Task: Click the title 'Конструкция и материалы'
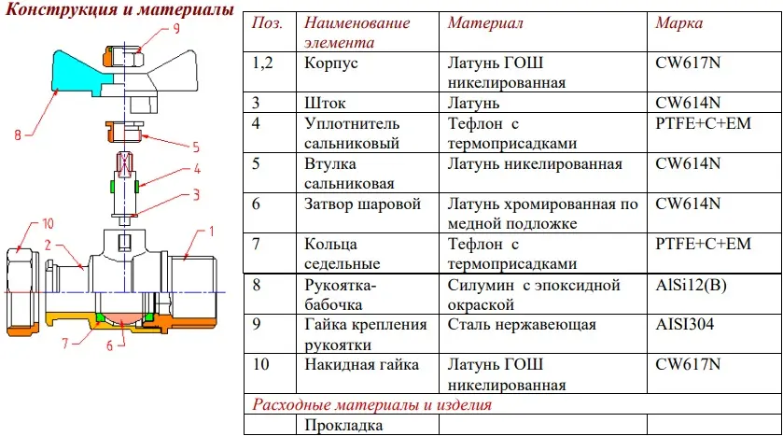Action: [119, 9]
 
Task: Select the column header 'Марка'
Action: [678, 23]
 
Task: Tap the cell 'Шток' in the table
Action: [325, 103]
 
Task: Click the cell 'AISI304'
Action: [685, 325]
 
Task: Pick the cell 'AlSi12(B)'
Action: [691, 285]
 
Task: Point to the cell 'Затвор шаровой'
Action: [362, 204]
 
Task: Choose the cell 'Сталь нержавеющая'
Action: [522, 325]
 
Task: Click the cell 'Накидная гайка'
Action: [361, 365]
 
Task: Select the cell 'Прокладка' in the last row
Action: [343, 426]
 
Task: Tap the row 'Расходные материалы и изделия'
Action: [372, 404]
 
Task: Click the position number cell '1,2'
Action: [262, 63]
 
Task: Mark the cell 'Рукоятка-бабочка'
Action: [340, 295]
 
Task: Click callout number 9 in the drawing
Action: [176, 28]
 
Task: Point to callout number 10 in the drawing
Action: [48, 223]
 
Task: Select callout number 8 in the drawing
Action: [18, 134]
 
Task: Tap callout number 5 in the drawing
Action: [196, 147]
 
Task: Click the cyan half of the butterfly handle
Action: [80, 73]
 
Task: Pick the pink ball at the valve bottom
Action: [122, 318]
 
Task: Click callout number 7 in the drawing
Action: [65, 344]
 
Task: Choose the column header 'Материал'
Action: [485, 23]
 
